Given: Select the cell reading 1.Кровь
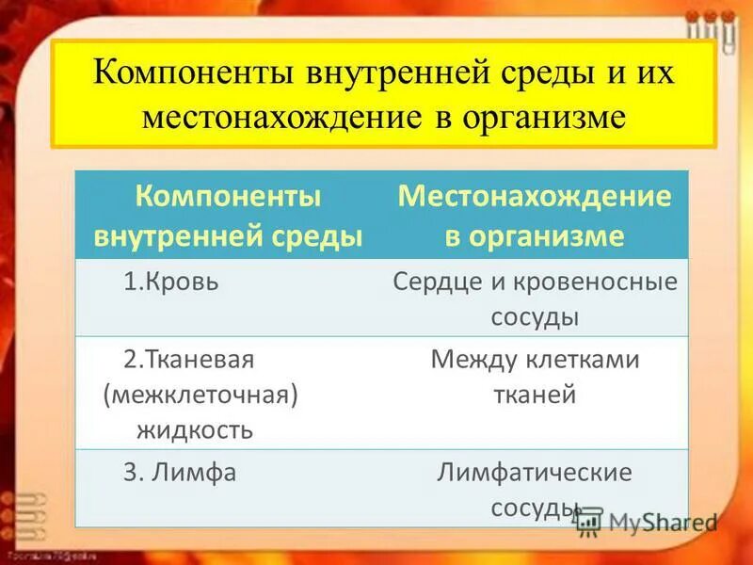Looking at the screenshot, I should pos(171,282).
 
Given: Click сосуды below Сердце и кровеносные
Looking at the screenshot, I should pos(535,317).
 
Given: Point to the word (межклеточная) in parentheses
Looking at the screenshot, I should pos(200,395).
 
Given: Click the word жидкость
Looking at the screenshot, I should pos(195,430).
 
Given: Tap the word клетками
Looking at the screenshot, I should pos(584,361).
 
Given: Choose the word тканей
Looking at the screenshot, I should pos(535,395).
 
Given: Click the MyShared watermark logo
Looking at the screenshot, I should pos(649,521).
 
